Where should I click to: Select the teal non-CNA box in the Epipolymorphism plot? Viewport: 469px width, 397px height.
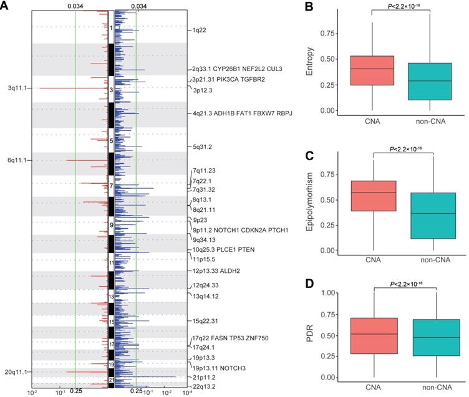(x=432, y=216)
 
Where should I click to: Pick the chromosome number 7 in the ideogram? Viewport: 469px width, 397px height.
(x=111, y=186)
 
